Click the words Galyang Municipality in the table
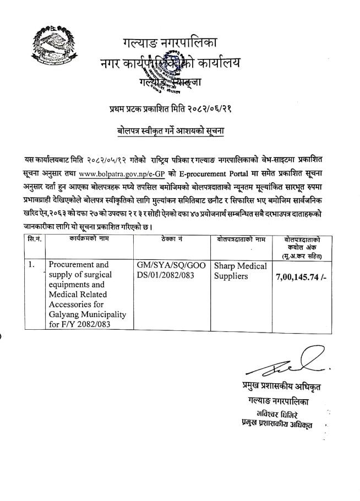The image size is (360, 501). pos(87,314)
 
